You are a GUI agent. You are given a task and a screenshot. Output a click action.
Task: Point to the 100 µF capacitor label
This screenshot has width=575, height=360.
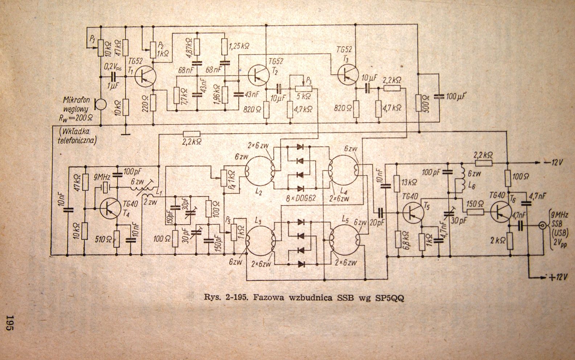tap(456, 97)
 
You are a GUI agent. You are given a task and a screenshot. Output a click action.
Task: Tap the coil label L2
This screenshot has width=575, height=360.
tap(259, 192)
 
